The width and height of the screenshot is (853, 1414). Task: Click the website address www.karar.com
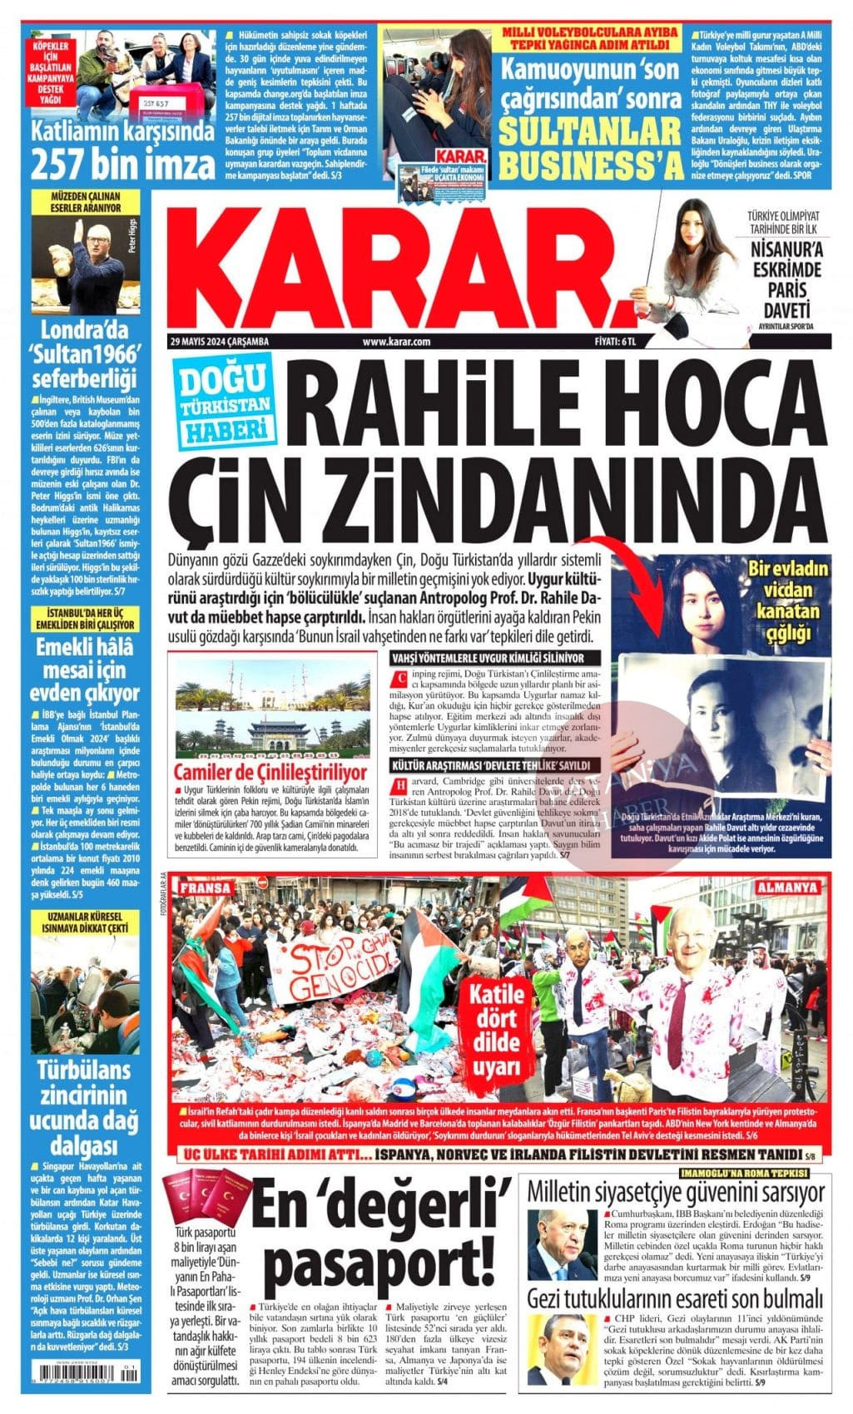[396, 342]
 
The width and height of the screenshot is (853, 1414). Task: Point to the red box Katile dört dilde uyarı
[498, 1030]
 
